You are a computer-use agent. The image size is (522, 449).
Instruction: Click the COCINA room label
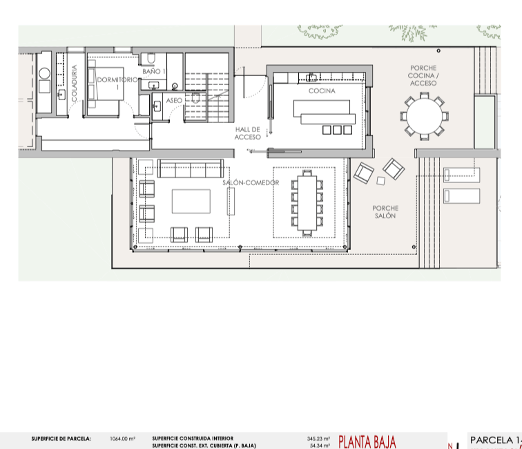[x=322, y=91]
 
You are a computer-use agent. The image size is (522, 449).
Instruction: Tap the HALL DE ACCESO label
[x=247, y=133]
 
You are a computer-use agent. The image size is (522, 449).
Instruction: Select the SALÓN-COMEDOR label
[x=251, y=183]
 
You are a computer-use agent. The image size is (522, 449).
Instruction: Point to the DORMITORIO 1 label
[x=117, y=83]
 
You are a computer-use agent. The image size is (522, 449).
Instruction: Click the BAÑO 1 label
[x=154, y=71]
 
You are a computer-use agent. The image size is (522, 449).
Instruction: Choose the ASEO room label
[x=174, y=100]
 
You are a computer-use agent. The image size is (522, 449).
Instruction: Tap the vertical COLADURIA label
[x=74, y=83]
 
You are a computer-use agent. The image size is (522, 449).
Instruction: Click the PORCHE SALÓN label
[x=385, y=212]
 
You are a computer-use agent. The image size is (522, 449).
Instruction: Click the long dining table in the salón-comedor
[x=307, y=203]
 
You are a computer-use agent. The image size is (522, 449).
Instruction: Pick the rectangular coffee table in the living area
[x=191, y=201]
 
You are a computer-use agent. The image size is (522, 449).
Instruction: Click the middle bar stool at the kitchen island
[x=337, y=130]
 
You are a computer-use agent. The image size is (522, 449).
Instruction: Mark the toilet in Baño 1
[x=151, y=58]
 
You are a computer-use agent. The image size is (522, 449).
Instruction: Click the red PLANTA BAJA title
[x=367, y=442]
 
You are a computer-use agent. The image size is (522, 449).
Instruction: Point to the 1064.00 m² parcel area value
[x=123, y=439]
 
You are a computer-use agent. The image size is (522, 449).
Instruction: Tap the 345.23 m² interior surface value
[x=318, y=439]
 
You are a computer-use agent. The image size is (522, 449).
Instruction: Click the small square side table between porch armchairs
[x=381, y=181]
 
